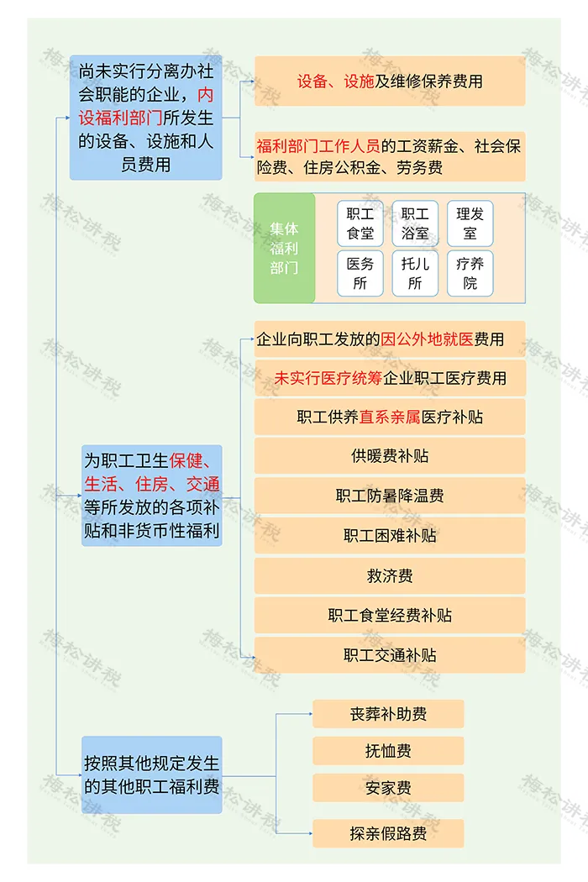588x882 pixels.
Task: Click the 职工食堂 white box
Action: coord(360,223)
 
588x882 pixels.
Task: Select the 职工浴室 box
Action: coord(415,223)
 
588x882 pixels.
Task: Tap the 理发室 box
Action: coord(470,223)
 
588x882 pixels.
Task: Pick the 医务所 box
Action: coord(360,273)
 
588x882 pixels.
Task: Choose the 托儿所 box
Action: coord(415,273)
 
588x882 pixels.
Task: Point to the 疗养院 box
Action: coord(470,273)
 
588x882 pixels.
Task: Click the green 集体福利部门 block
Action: coord(285,248)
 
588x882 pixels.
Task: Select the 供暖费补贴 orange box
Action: coord(390,456)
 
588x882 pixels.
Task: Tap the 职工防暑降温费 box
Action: coord(390,496)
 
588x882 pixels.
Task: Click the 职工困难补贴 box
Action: coord(390,535)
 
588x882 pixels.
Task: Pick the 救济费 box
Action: coord(390,575)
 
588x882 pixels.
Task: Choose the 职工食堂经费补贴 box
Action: coord(390,616)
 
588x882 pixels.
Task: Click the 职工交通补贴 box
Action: coord(390,655)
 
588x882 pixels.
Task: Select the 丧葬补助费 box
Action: coord(388,714)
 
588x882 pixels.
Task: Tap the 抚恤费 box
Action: coord(388,751)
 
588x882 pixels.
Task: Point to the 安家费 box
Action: coord(388,788)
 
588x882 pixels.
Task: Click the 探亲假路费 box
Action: coord(388,833)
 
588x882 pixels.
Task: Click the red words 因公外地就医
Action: coord(428,339)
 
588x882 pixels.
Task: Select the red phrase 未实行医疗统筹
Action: coord(328,378)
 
